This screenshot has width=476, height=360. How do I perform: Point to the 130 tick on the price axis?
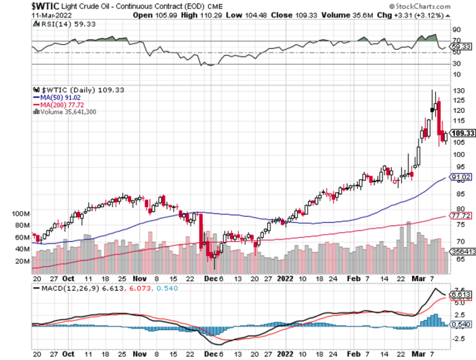click(x=458, y=90)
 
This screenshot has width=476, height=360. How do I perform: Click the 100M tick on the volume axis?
click(x=20, y=213)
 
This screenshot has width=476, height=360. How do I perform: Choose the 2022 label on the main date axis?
click(x=286, y=278)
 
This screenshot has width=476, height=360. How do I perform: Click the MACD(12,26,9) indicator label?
click(x=66, y=288)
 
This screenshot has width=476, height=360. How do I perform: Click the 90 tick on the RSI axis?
click(x=456, y=29)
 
